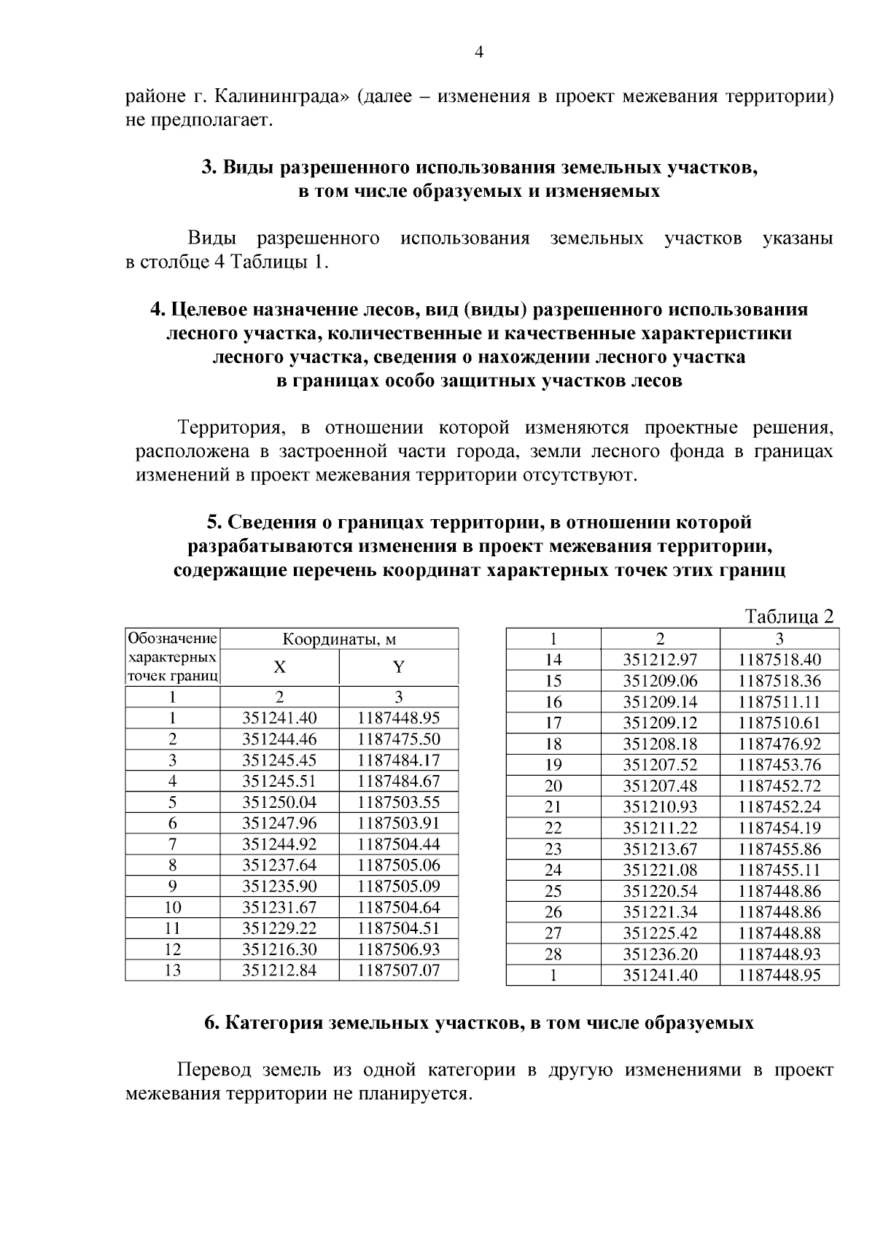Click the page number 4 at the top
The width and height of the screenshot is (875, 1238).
[479, 52]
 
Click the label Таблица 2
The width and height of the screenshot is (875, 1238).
[788, 617]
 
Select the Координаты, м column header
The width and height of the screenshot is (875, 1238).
[339, 639]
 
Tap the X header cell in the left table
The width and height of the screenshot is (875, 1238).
[279, 667]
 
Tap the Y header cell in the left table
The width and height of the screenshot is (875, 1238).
[398, 667]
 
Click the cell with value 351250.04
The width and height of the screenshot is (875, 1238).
[279, 802]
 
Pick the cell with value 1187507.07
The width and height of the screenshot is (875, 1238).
[398, 970]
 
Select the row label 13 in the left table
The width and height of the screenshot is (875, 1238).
[173, 970]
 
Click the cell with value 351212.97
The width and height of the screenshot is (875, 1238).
[660, 660]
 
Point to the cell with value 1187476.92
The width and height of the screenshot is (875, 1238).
[779, 744]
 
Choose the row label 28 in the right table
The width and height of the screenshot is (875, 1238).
[553, 954]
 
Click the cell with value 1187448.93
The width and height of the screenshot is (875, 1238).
[779, 954]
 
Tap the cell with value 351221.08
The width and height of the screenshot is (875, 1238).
[660, 870]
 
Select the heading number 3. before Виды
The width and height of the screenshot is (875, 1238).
[208, 168]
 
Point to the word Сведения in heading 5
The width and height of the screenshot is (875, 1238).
[267, 522]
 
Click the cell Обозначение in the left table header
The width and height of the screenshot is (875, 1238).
[173, 639]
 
